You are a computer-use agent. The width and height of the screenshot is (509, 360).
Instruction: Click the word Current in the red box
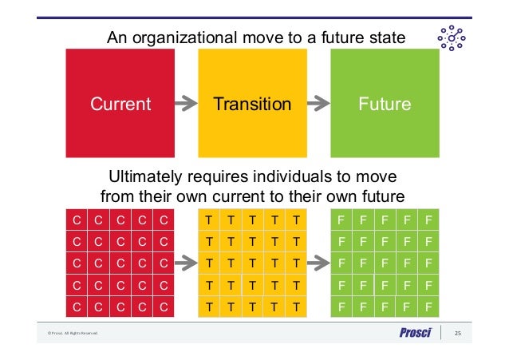click(x=120, y=105)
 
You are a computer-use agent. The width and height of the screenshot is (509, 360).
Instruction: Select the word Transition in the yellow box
click(x=252, y=105)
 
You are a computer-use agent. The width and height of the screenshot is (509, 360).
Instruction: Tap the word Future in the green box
click(x=385, y=105)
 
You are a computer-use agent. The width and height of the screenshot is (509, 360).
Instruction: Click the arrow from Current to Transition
click(x=186, y=103)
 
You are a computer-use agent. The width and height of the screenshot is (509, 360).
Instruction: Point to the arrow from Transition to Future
click(x=318, y=103)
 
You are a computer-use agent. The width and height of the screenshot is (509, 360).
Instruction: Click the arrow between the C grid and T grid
click(x=186, y=262)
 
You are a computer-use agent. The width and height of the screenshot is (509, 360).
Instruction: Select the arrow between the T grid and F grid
click(x=318, y=262)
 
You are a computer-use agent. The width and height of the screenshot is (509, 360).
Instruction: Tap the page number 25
click(x=458, y=333)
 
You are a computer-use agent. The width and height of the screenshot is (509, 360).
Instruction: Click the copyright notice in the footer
click(x=71, y=334)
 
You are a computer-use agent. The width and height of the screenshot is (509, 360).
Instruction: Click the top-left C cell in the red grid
click(x=77, y=220)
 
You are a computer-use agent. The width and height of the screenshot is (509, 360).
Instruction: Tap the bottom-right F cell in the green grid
click(x=428, y=306)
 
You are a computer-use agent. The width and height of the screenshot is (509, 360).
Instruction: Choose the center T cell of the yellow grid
click(x=252, y=263)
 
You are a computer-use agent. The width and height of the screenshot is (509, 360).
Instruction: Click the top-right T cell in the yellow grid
click(x=296, y=220)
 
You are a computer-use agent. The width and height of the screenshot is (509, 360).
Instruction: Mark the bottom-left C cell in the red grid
click(x=77, y=306)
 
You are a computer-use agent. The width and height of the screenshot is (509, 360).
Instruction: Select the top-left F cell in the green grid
click(x=341, y=220)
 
